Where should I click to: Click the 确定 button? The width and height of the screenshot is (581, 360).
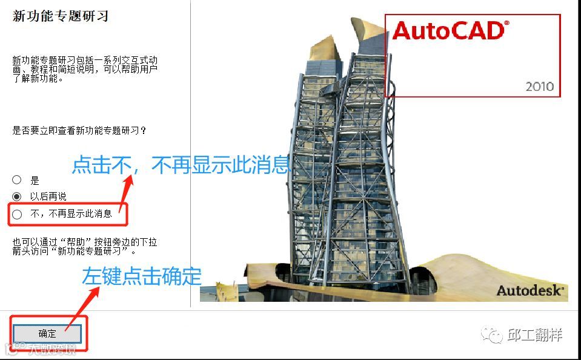pyautogui.click(x=47, y=333)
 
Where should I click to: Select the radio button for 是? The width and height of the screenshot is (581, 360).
pyautogui.click(x=17, y=180)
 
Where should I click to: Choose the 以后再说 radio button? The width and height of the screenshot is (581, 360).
pyautogui.click(x=17, y=196)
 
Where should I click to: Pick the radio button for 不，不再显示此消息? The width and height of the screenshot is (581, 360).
pyautogui.click(x=17, y=213)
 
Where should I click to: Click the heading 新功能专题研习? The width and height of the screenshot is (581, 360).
pyautogui.click(x=61, y=16)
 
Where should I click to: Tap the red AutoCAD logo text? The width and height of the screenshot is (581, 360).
pyautogui.click(x=448, y=31)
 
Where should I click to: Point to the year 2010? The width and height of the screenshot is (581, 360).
pyautogui.click(x=539, y=87)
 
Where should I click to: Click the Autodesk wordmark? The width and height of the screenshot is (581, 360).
pyautogui.click(x=530, y=290)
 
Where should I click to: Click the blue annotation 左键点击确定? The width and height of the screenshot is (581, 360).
pyautogui.click(x=142, y=276)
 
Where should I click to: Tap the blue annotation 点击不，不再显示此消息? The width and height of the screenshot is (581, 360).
pyautogui.click(x=181, y=165)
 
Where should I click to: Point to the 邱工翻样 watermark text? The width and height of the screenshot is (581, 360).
pyautogui.click(x=535, y=335)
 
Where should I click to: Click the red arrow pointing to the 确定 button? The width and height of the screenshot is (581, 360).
pyautogui.click(x=82, y=308)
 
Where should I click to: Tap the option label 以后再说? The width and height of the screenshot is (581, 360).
pyautogui.click(x=48, y=196)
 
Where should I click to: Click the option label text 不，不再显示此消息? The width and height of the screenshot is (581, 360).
pyautogui.click(x=71, y=213)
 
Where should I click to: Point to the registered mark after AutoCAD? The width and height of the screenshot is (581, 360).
pyautogui.click(x=506, y=23)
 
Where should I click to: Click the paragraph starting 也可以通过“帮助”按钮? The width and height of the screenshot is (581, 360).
pyautogui.click(x=85, y=246)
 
